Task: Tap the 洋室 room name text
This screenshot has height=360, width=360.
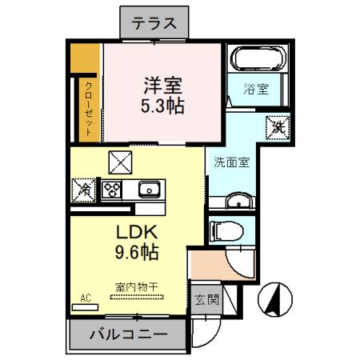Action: click(x=163, y=83)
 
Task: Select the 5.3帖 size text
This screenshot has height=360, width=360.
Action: click(x=163, y=105)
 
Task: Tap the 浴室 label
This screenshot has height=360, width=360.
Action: click(x=256, y=90)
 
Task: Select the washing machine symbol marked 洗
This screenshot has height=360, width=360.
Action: click(x=276, y=126)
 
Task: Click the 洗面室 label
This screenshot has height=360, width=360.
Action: click(x=231, y=162)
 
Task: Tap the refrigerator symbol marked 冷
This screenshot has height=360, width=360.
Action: click(x=83, y=190)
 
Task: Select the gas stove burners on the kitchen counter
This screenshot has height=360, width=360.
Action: click(x=110, y=190)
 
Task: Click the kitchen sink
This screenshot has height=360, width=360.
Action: click(x=149, y=190)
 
